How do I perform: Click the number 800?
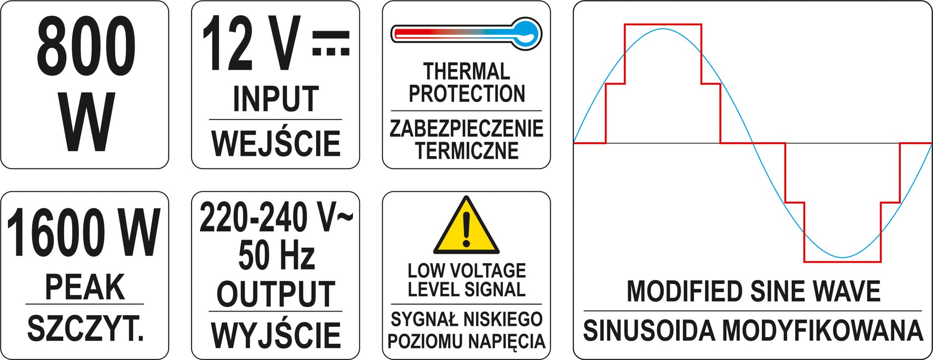click(86, 46)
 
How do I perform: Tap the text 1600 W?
click(84, 233)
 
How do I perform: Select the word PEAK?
click(85, 287)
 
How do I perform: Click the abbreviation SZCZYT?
click(85, 329)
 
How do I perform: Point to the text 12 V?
click(252, 44)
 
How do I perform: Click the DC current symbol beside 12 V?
click(331, 44)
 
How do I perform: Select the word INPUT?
click(276, 98)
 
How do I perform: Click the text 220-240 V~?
click(276, 218)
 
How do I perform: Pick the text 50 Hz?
click(276, 256)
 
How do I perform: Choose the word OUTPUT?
click(276, 294)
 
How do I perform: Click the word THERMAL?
click(466, 71)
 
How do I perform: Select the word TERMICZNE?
click(466, 151)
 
